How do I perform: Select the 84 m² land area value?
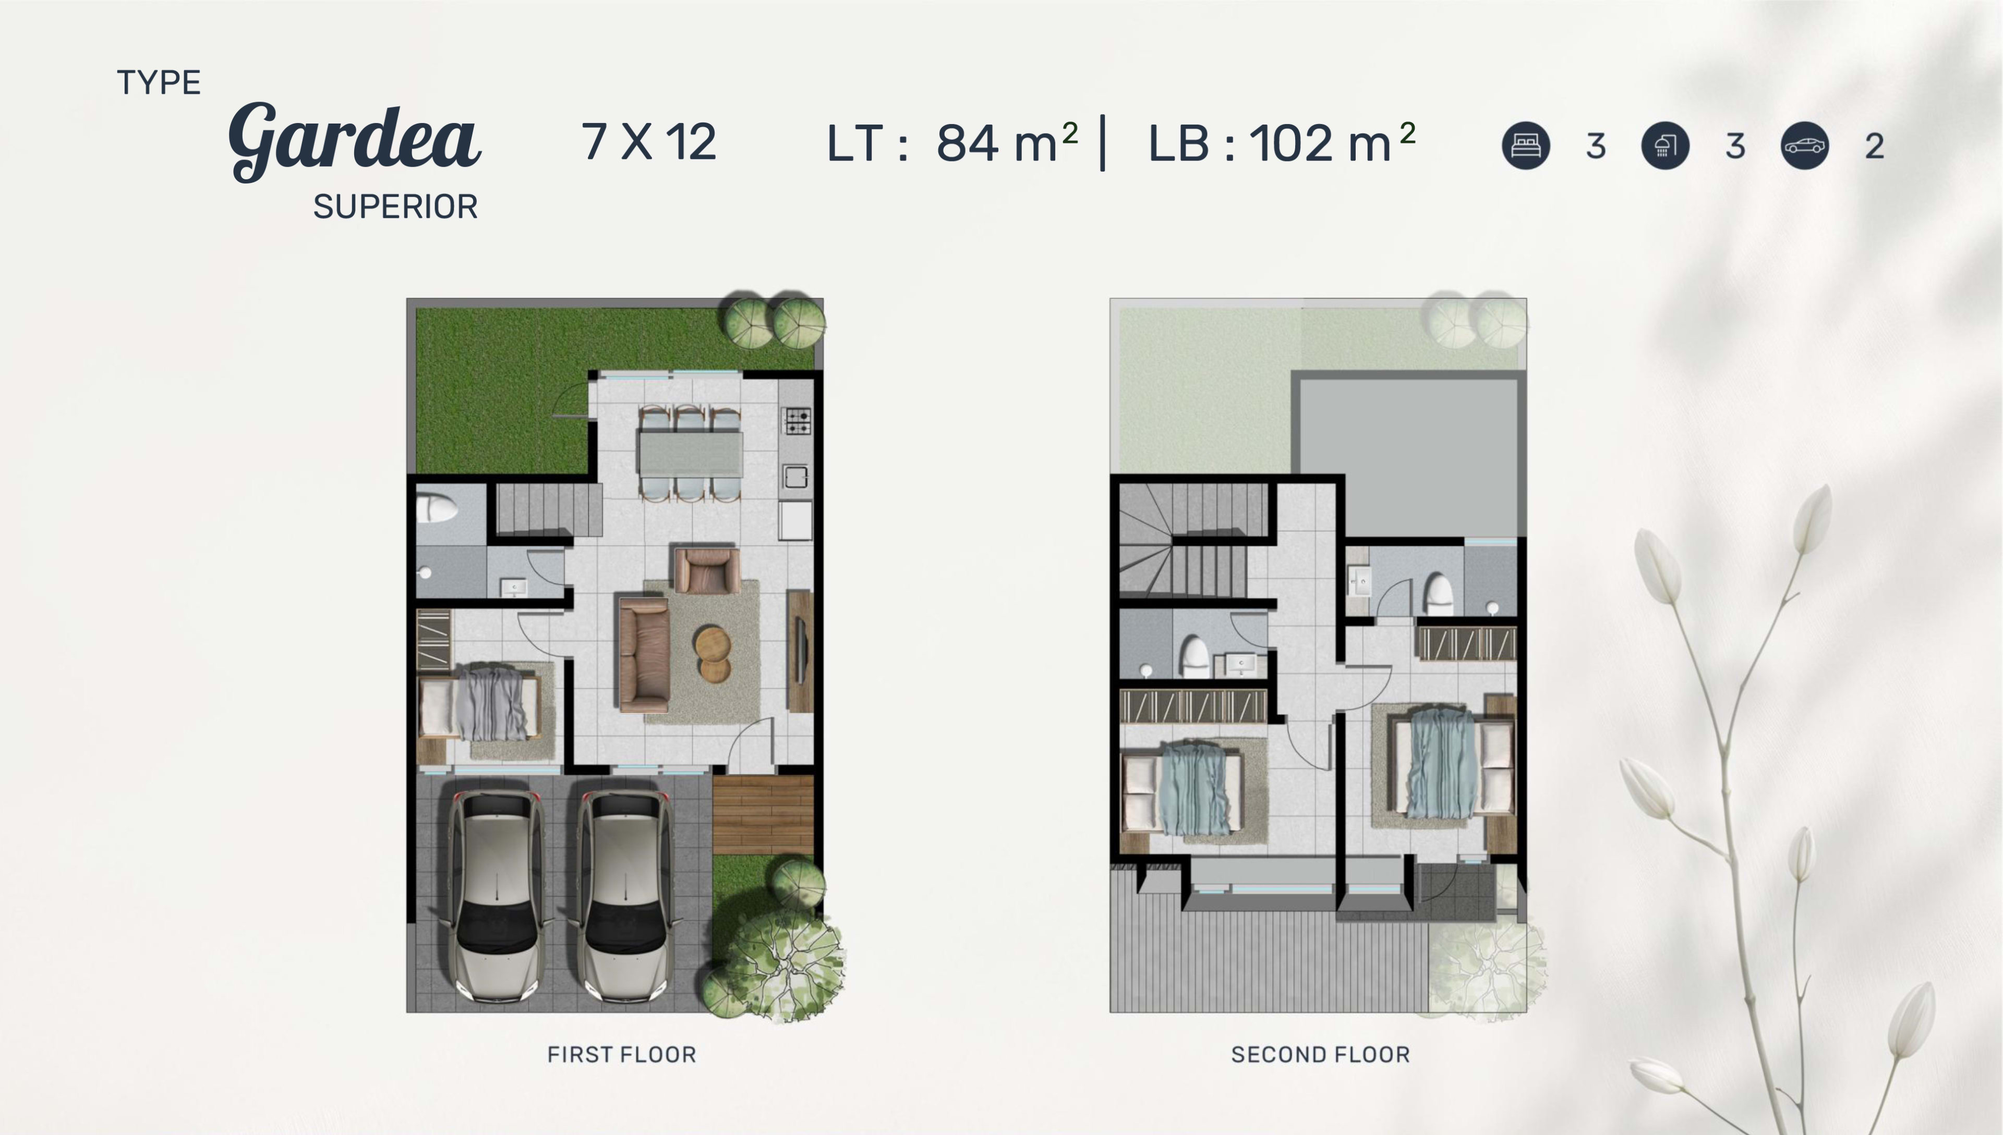coord(1007,142)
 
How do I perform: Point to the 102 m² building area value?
coord(1332,142)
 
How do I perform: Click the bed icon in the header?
coord(1526,146)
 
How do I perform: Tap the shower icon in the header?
coord(1666,146)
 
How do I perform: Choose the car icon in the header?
coord(1805,146)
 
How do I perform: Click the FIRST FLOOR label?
coord(621,1055)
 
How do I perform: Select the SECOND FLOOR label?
coord(1321,1055)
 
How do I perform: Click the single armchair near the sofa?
coord(707,570)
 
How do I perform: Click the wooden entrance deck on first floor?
coord(763,814)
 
